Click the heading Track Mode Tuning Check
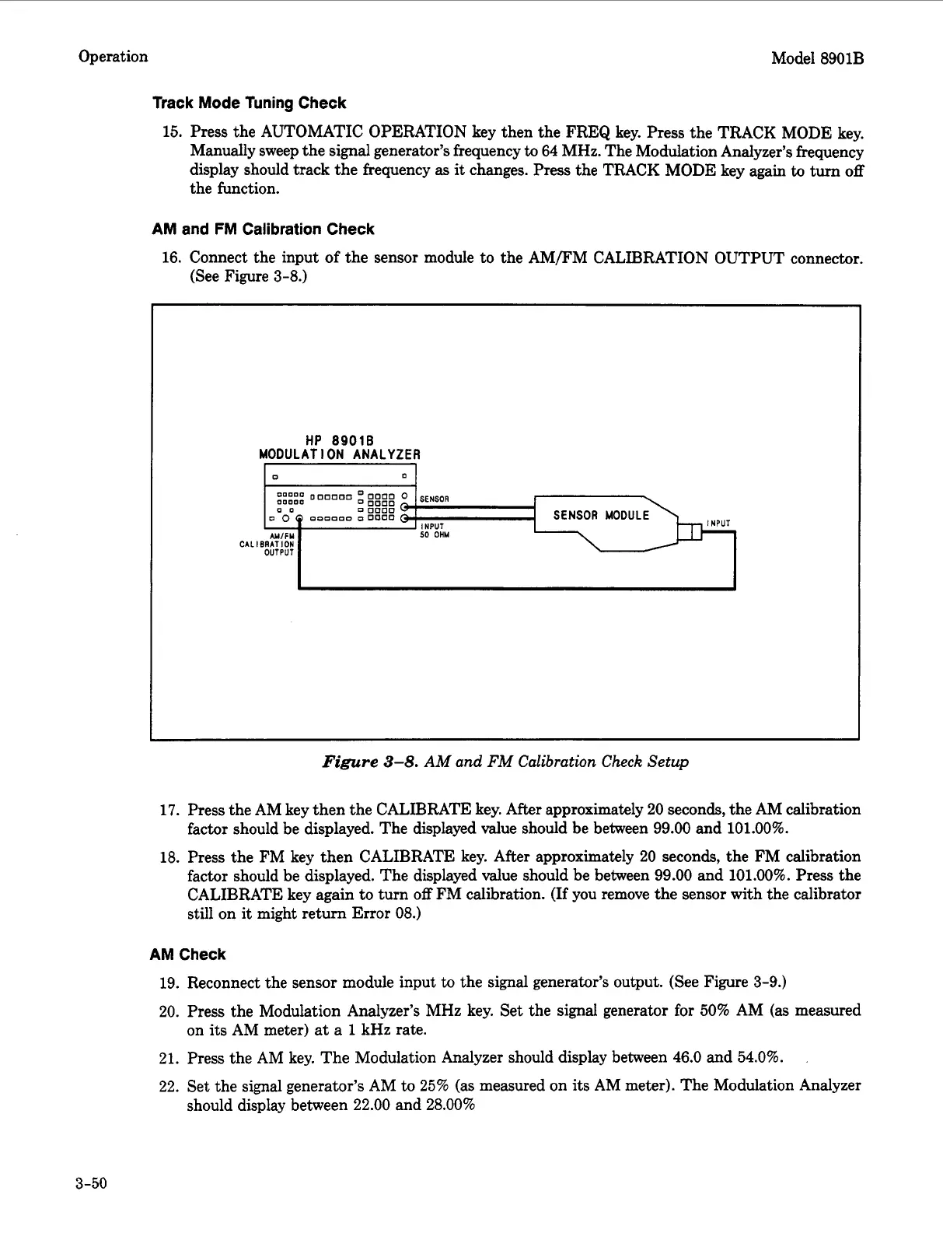249,103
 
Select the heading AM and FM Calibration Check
263,229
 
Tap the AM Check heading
187,955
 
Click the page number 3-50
91,1184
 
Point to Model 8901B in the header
817,58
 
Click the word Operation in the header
113,57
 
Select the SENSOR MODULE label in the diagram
601,515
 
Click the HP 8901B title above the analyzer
339,440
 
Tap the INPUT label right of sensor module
718,523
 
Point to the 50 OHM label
434,534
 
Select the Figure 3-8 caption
505,762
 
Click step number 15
171,132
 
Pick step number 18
169,857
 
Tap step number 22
169,1086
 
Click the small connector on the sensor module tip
690,531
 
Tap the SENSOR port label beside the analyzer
434,499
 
